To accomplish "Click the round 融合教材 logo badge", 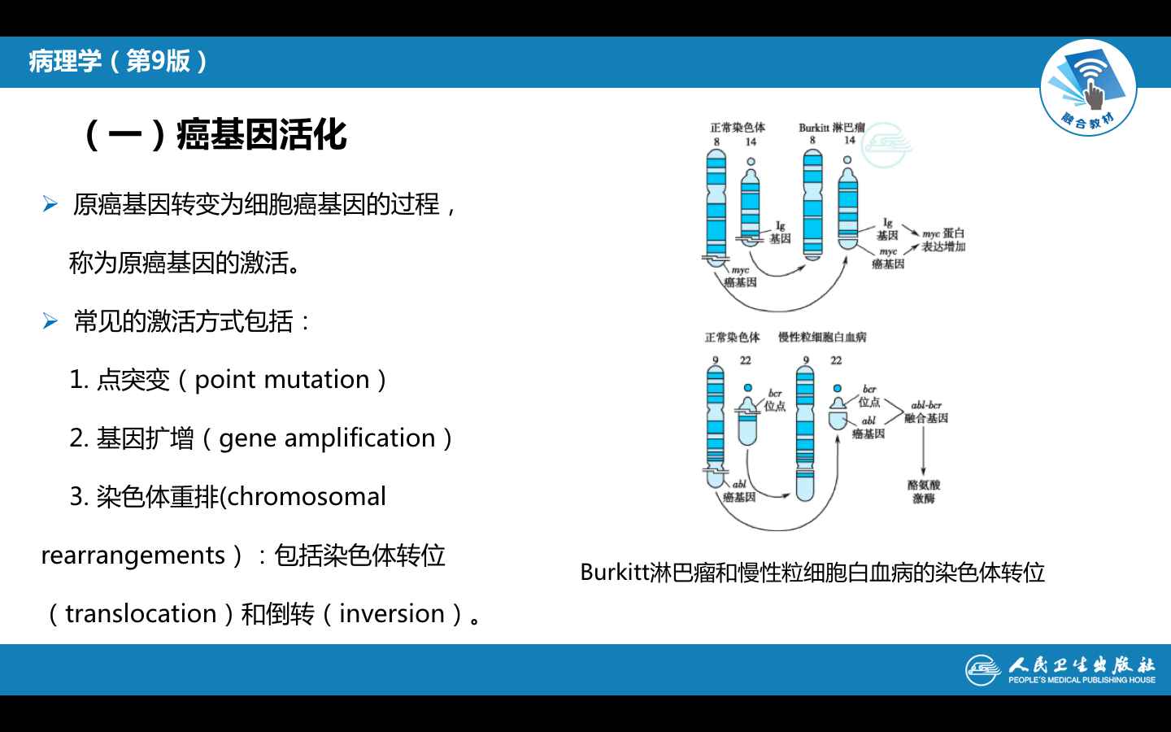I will coord(1088,88).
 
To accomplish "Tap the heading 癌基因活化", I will coord(262,135).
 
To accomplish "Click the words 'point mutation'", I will coord(282,380).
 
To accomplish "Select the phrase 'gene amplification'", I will coord(327,438).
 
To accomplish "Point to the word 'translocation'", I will coord(141,614).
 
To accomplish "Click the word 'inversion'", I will coord(392,614).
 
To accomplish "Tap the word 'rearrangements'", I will coord(133,556).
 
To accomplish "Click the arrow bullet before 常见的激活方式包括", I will coord(50,321).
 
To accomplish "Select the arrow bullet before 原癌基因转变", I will coord(50,203).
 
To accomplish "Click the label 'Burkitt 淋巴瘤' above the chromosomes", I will coord(831,128).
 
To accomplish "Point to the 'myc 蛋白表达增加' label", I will coord(943,240).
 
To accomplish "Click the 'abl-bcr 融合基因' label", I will coord(926,412).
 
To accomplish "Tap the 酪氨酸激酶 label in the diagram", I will coord(924,491).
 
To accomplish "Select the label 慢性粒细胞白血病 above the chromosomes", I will coord(822,338).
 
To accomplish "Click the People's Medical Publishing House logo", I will coord(1060,670).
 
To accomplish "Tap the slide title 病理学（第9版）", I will coord(119,61).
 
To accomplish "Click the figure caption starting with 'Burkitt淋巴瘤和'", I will coord(812,573).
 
